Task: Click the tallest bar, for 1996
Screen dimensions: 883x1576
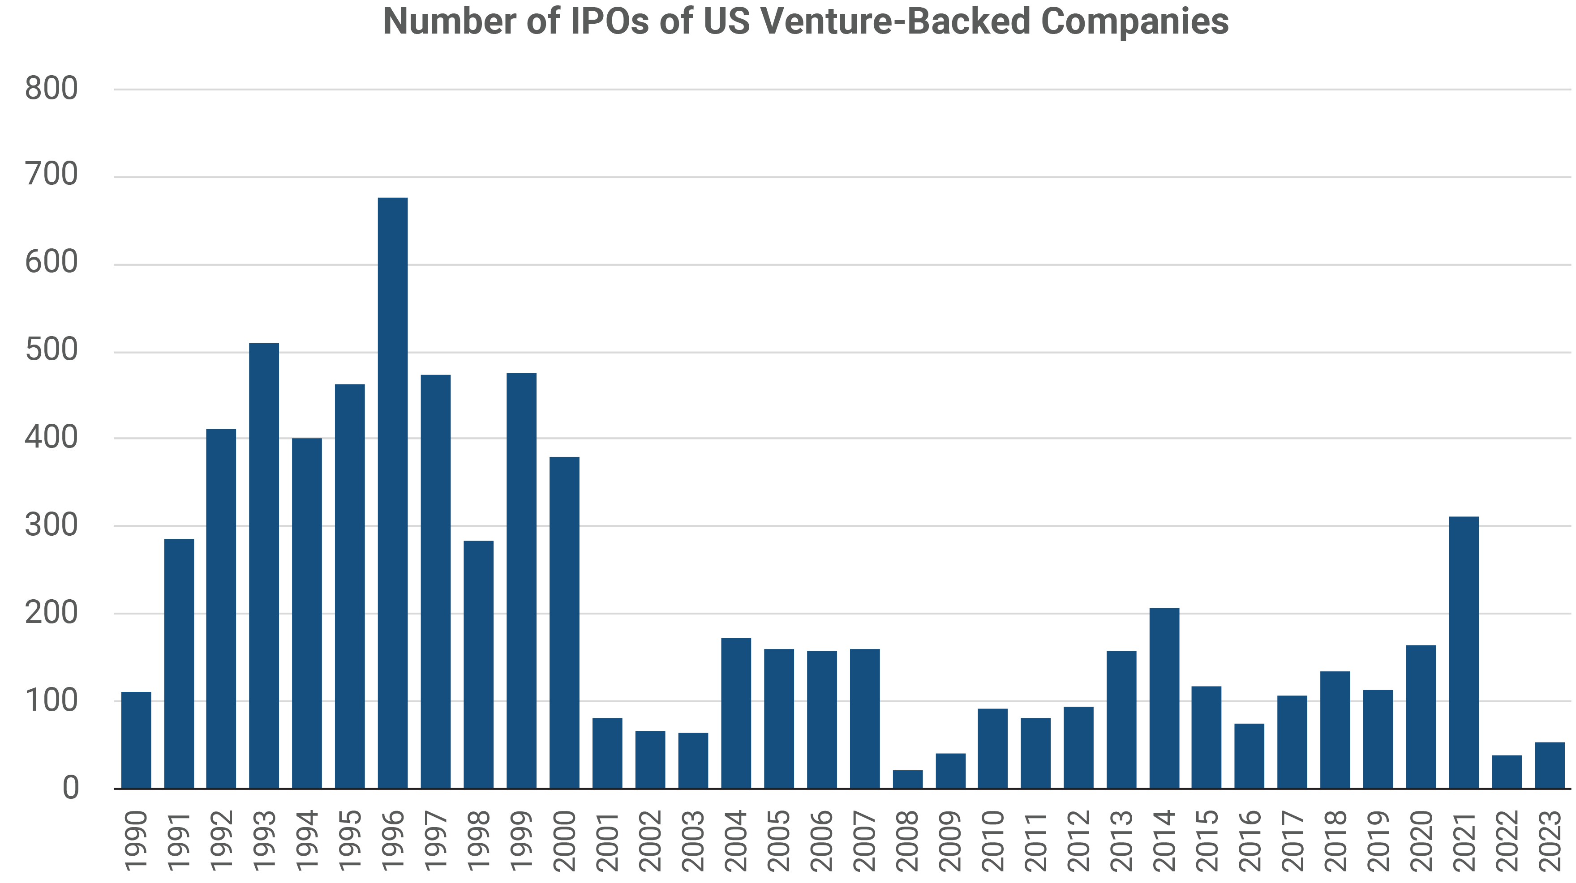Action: click(392, 493)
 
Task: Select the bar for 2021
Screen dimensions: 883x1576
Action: click(1464, 653)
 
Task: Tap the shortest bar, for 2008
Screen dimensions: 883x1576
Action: click(907, 779)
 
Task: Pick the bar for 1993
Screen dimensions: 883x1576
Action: click(264, 566)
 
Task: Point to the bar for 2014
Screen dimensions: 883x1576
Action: click(1164, 698)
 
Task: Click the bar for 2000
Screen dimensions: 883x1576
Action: click(564, 623)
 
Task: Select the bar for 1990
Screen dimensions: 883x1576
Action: click(136, 740)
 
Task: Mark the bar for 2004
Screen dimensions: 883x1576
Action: click(736, 713)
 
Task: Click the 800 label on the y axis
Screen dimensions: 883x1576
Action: click(52, 89)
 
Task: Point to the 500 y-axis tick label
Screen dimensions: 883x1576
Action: click(52, 351)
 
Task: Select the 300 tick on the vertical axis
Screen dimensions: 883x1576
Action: click(52, 526)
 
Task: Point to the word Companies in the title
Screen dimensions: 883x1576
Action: click(1134, 22)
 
